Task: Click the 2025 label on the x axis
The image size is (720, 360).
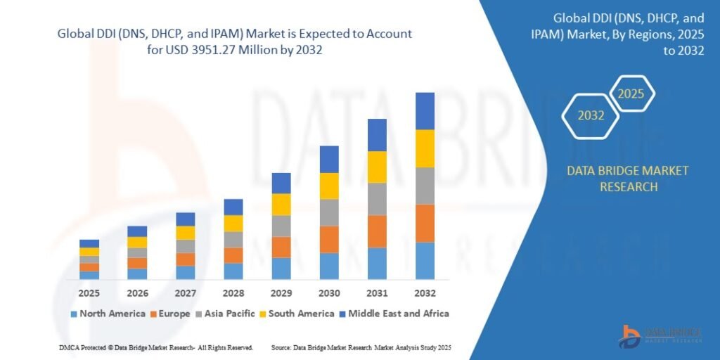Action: [89, 292]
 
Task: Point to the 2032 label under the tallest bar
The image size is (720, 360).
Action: [425, 292]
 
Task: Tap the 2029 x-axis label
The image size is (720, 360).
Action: [281, 292]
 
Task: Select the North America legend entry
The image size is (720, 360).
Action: [108, 314]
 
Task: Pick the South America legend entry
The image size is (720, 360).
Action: [296, 314]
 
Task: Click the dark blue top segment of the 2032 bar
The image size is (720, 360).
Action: [425, 111]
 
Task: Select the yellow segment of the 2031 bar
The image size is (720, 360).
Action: [377, 167]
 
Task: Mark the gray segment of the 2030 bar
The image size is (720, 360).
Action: [329, 212]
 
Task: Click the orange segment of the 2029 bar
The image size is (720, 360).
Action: [281, 247]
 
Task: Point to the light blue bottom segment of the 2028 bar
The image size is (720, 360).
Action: [233, 271]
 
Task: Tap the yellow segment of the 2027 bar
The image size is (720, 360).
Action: [186, 233]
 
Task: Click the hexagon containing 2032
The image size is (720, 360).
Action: [591, 115]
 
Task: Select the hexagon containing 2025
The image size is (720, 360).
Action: [631, 94]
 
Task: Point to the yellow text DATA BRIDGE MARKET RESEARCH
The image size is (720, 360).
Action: [628, 179]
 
